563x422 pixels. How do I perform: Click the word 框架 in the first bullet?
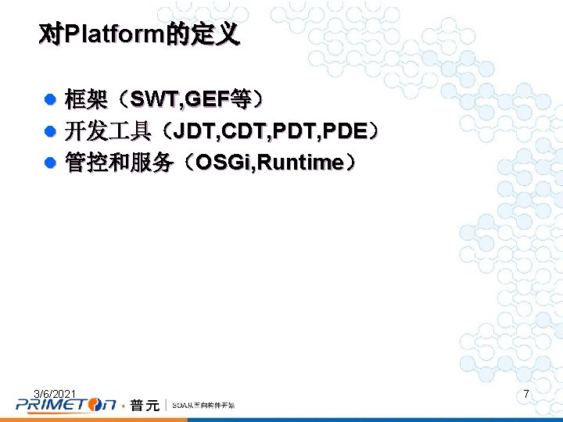point(86,100)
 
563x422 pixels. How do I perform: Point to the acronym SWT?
point(154,100)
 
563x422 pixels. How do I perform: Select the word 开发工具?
point(108,131)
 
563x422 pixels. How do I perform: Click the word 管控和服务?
point(119,163)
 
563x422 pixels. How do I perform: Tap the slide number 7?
point(526,395)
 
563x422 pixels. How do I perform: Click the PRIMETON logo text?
point(66,405)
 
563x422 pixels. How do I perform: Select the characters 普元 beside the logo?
point(145,405)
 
